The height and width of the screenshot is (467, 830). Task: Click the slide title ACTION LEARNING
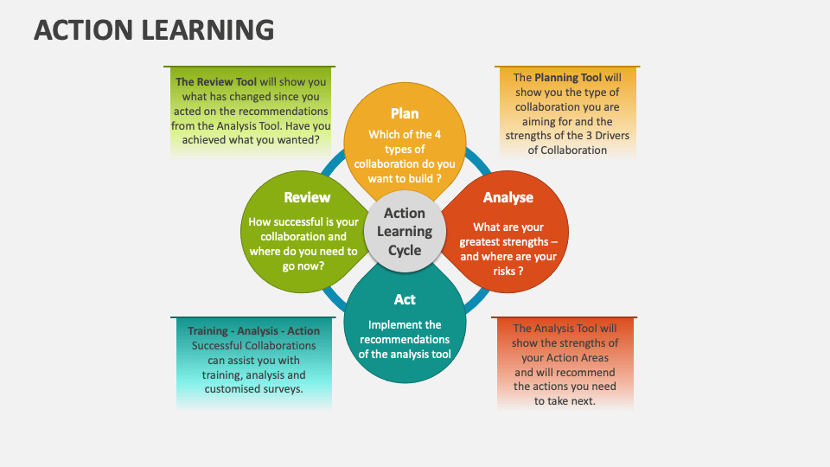pyautogui.click(x=154, y=30)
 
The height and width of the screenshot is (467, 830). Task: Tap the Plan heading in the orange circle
pyautogui.click(x=405, y=113)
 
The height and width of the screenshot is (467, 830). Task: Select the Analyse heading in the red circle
pyautogui.click(x=508, y=197)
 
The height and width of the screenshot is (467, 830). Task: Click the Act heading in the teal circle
pyautogui.click(x=405, y=299)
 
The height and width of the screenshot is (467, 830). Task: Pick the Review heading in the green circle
pyautogui.click(x=307, y=197)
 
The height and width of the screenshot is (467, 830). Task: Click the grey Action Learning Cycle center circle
pyautogui.click(x=405, y=231)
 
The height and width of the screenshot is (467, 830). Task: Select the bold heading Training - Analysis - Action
pyautogui.click(x=254, y=331)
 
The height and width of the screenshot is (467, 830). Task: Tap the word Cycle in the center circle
pyautogui.click(x=405, y=251)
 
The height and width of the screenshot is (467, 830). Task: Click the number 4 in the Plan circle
pyautogui.click(x=437, y=134)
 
